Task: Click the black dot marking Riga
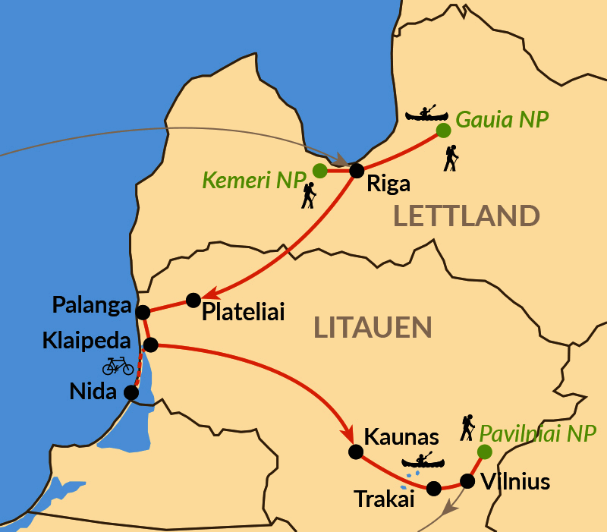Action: click(356, 170)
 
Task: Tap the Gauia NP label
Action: click(502, 119)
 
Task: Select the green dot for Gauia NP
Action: click(443, 131)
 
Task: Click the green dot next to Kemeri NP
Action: click(320, 171)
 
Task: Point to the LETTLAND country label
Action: click(466, 216)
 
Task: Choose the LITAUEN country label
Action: click(373, 328)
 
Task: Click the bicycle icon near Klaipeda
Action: click(118, 366)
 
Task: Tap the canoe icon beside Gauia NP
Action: click(427, 115)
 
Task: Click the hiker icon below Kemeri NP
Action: click(308, 196)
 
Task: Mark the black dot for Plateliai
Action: click(193, 299)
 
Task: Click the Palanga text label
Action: click(91, 306)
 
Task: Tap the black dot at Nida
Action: click(131, 393)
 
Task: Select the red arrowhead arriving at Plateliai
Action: click(212, 293)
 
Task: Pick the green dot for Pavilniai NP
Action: click(483, 452)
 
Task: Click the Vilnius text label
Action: click(516, 482)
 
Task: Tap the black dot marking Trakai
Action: click(434, 489)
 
